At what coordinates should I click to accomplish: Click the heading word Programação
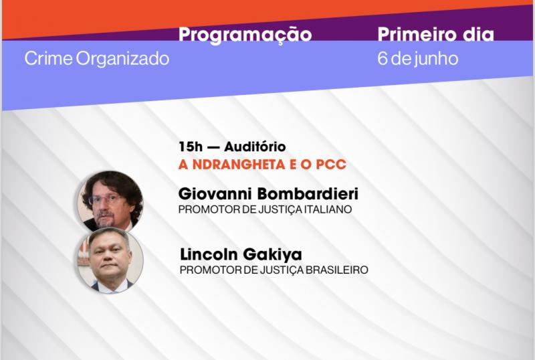pos(245,35)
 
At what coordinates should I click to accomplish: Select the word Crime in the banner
pos(48,58)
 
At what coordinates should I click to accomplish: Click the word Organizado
pos(122,58)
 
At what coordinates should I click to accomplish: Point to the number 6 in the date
pos(382,58)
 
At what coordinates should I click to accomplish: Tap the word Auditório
pos(255,147)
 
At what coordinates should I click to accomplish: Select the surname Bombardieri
pos(308,194)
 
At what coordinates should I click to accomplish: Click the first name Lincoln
pos(209,254)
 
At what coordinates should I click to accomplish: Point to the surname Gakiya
pos(272,255)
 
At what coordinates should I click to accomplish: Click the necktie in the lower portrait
pos(109,288)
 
